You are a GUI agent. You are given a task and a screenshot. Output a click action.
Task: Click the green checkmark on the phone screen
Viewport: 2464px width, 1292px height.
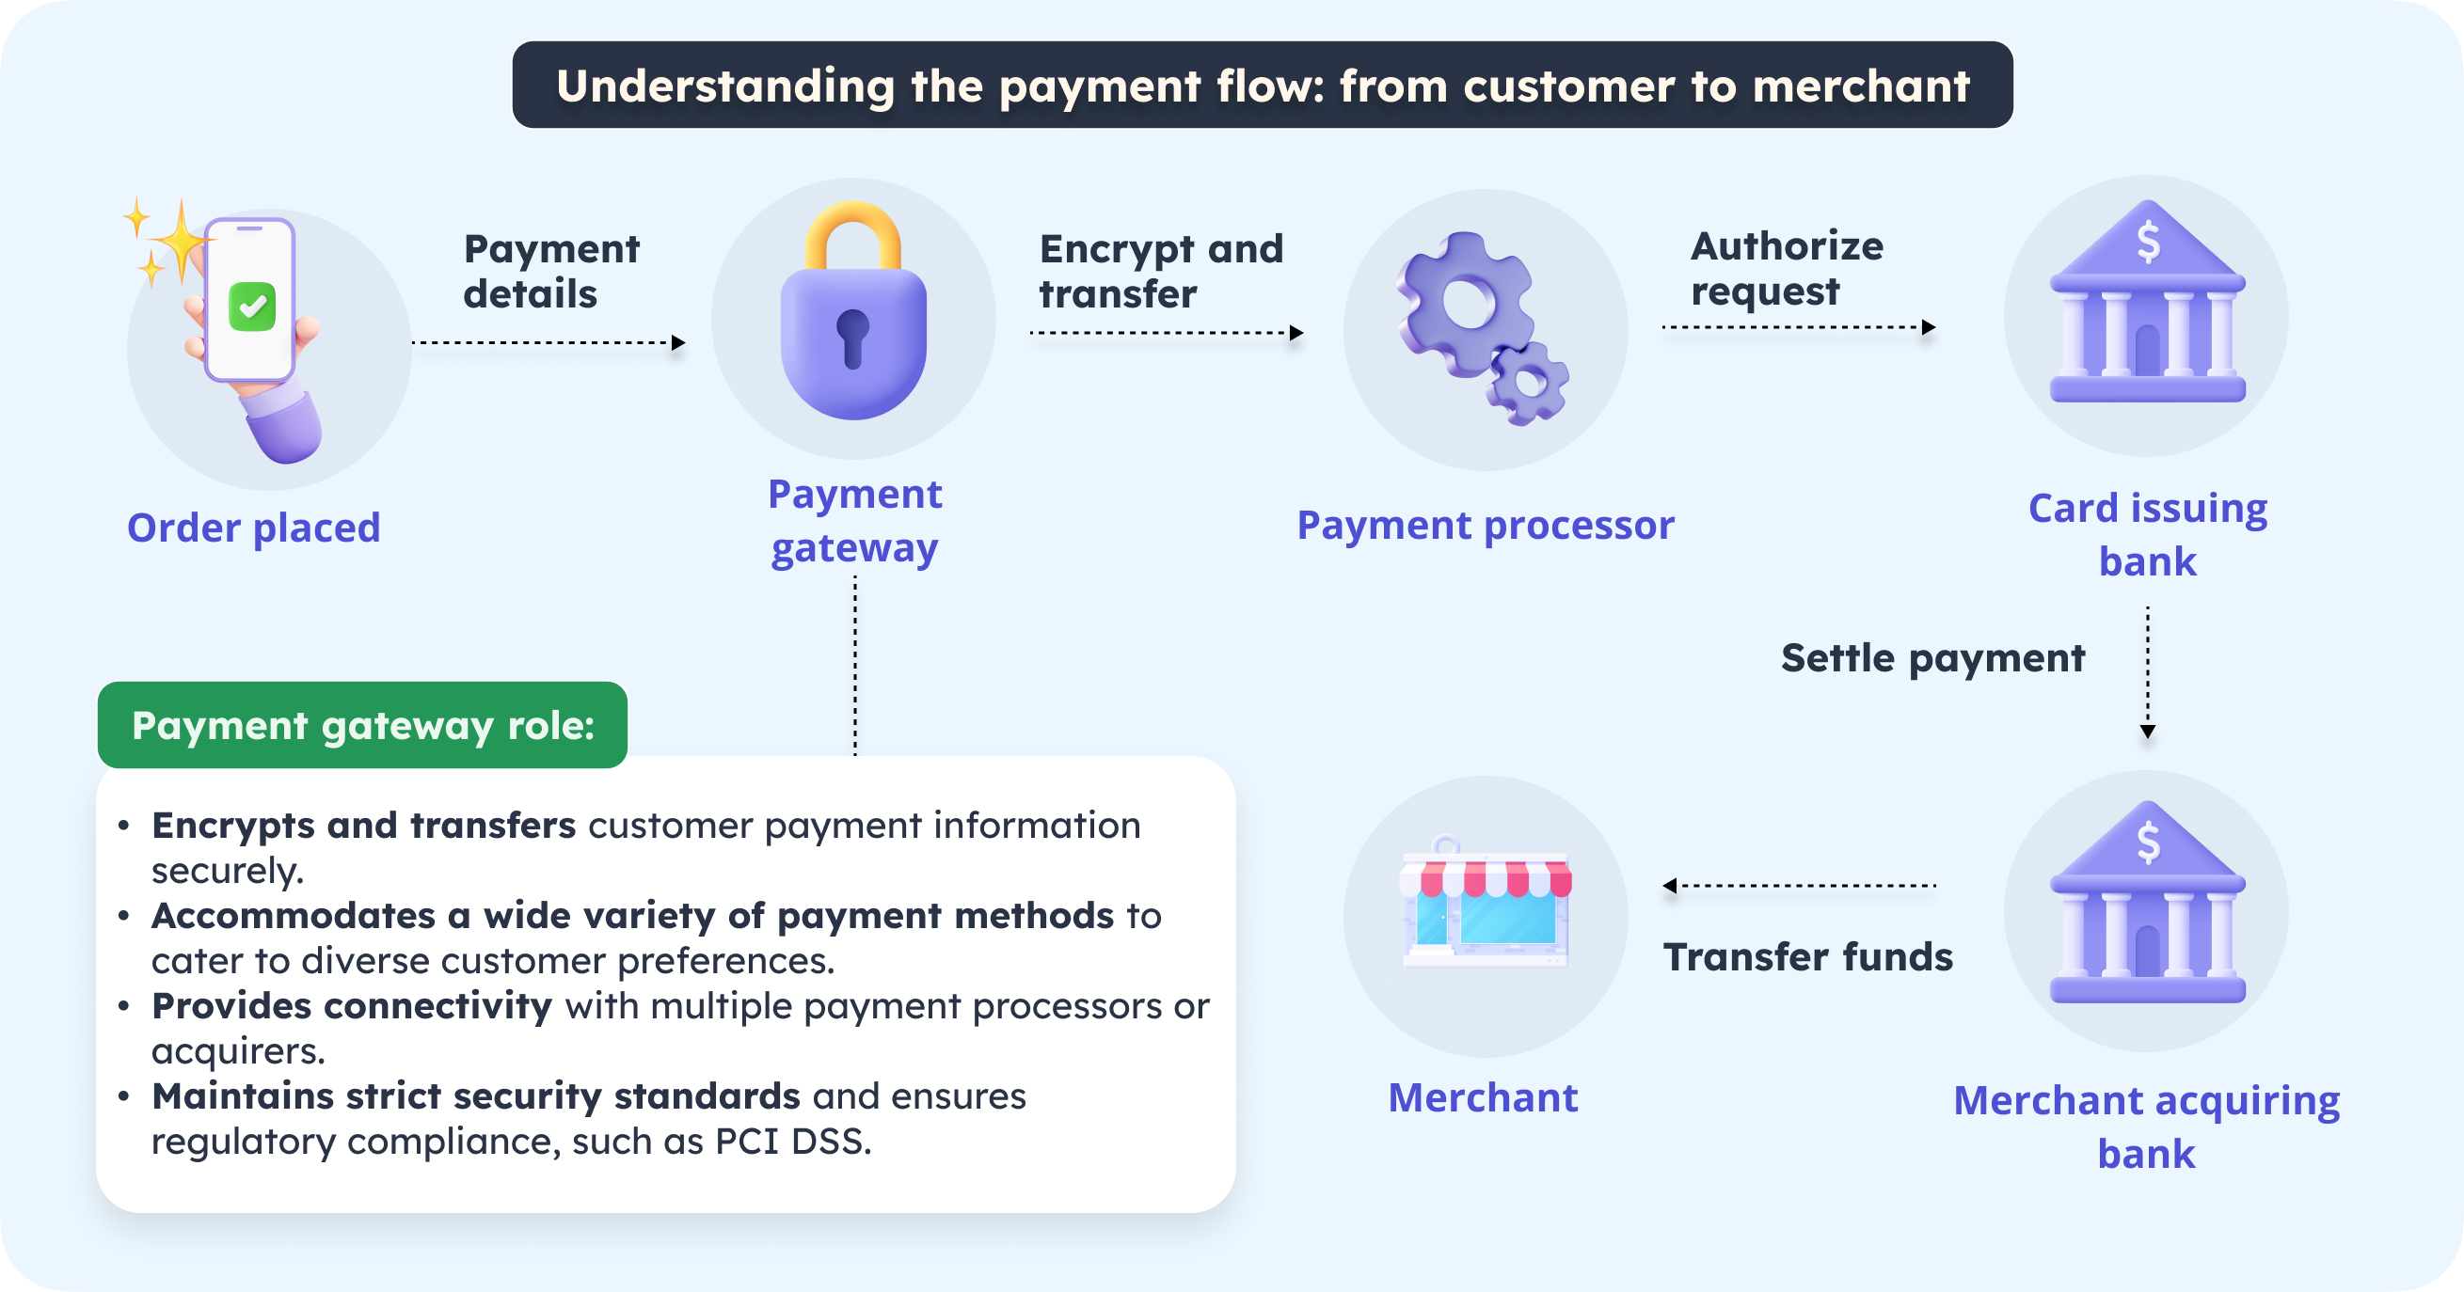252,306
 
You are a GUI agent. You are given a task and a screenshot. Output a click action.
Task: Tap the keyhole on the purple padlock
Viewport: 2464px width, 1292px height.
852,337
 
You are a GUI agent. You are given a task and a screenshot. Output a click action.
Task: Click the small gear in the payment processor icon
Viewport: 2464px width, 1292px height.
1528,384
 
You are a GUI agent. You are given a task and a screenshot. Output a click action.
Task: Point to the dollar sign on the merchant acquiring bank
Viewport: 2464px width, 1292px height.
2148,843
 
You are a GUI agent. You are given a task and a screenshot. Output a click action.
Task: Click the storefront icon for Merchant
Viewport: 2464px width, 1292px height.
1485,908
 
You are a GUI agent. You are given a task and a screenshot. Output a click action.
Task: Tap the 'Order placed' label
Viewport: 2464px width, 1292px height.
253,528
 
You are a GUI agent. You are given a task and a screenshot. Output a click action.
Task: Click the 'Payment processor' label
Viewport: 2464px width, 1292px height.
1485,525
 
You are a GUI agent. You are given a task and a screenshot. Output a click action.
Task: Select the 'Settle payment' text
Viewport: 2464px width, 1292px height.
1932,658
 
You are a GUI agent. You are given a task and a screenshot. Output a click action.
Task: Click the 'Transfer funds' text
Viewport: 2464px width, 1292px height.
1807,956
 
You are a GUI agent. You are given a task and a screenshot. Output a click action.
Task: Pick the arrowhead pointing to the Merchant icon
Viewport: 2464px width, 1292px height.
1670,886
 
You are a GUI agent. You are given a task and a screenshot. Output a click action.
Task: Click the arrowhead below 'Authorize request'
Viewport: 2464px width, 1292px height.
1929,327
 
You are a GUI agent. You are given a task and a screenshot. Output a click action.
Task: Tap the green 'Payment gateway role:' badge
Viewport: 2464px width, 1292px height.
362,725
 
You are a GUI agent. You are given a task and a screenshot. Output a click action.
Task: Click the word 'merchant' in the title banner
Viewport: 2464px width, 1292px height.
1860,87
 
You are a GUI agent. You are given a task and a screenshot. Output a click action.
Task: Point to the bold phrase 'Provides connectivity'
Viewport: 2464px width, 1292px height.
352,1006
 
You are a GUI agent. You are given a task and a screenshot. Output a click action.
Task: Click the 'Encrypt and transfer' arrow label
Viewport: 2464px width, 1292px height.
1160,271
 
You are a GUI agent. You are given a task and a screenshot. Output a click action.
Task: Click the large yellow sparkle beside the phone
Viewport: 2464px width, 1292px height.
180,239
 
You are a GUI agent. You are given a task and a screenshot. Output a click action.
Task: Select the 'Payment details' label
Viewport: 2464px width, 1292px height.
550,271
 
